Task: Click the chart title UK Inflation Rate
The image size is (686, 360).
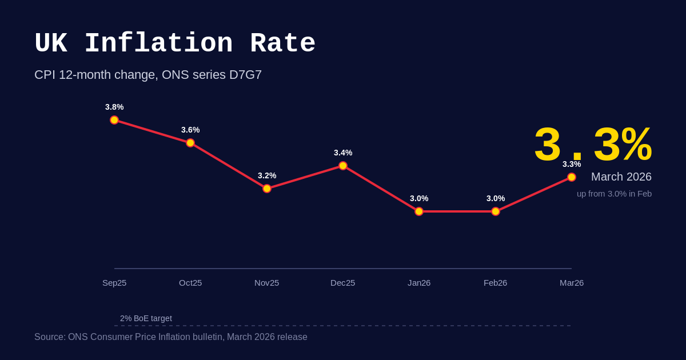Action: pyautogui.click(x=175, y=44)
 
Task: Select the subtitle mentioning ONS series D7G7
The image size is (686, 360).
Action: pyautogui.click(x=148, y=75)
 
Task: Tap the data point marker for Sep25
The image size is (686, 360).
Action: pyautogui.click(x=114, y=120)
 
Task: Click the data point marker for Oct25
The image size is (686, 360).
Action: pyautogui.click(x=190, y=143)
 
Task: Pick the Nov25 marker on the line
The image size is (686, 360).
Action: pyautogui.click(x=267, y=189)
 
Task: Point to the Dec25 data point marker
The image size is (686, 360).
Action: pyautogui.click(x=343, y=166)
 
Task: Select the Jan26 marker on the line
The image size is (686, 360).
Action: pyautogui.click(x=419, y=211)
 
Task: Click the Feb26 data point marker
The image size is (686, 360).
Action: pyautogui.click(x=496, y=211)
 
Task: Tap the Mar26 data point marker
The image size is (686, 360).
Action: pyautogui.click(x=572, y=177)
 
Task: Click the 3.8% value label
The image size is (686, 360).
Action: pyautogui.click(x=114, y=107)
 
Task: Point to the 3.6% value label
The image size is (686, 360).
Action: pyautogui.click(x=190, y=130)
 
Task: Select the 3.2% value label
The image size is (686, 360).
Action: pyautogui.click(x=267, y=175)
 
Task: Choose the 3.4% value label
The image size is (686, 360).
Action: pyautogui.click(x=343, y=153)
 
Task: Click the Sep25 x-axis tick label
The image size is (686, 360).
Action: pyautogui.click(x=114, y=283)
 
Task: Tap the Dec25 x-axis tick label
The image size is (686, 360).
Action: pyautogui.click(x=343, y=283)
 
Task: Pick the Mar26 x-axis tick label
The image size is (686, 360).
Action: pyautogui.click(x=572, y=283)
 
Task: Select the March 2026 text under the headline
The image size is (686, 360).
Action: pyautogui.click(x=621, y=177)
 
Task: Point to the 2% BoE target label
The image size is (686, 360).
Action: pyautogui.click(x=146, y=318)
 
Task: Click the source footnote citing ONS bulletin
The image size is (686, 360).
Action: pyautogui.click(x=171, y=337)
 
